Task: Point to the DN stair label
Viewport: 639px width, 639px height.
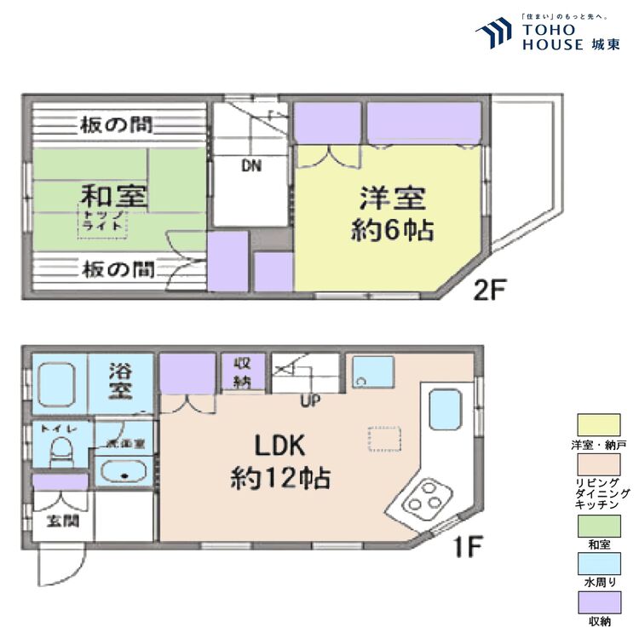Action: coord(250,167)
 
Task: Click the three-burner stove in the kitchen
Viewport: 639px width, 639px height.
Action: coord(424,498)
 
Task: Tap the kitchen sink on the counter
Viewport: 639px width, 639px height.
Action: coord(446,411)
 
